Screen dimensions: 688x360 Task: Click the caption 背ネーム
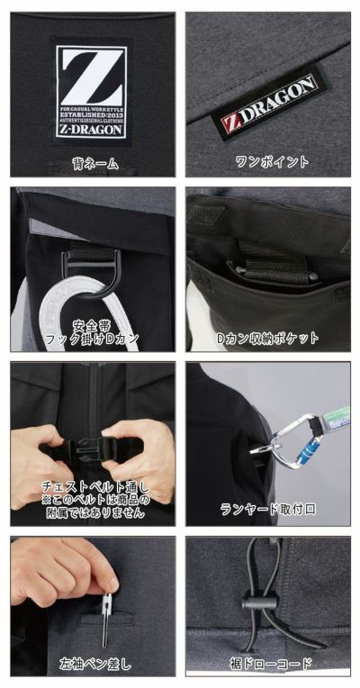point(88,162)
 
